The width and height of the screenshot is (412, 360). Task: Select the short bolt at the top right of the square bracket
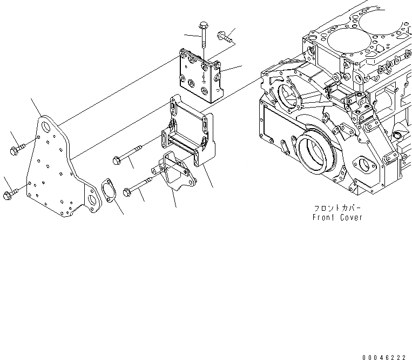[x=225, y=37]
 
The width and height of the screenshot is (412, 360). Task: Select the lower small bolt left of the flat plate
[x=9, y=192]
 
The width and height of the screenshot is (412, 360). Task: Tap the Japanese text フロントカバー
[x=336, y=208]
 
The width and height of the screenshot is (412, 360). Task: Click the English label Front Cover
[x=337, y=217]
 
